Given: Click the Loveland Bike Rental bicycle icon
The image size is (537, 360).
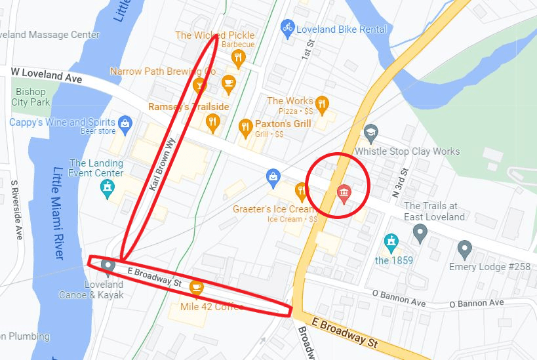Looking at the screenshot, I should coord(287,28).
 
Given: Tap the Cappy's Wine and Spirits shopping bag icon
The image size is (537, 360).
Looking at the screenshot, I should coord(125,123).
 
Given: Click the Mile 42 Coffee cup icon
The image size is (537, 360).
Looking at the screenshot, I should coord(195,287).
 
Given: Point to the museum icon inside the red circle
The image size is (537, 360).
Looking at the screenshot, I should coord(343,192).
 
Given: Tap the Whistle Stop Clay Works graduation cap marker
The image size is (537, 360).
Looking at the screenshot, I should coord(371,132).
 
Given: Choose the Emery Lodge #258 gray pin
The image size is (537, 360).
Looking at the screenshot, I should coord(464,249).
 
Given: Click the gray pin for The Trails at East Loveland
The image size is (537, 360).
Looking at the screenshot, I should coord(420,231).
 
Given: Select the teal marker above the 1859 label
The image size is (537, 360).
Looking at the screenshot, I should coord(391,241).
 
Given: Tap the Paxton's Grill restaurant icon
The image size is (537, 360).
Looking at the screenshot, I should coord(246,126).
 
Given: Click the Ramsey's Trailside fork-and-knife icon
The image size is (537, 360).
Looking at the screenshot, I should coord(212,121).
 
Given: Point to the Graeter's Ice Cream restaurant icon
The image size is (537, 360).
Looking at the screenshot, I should coord(301,191).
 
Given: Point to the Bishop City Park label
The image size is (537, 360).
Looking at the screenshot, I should coord(31,97).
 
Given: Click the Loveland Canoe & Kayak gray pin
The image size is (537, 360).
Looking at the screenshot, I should coord(108,266).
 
